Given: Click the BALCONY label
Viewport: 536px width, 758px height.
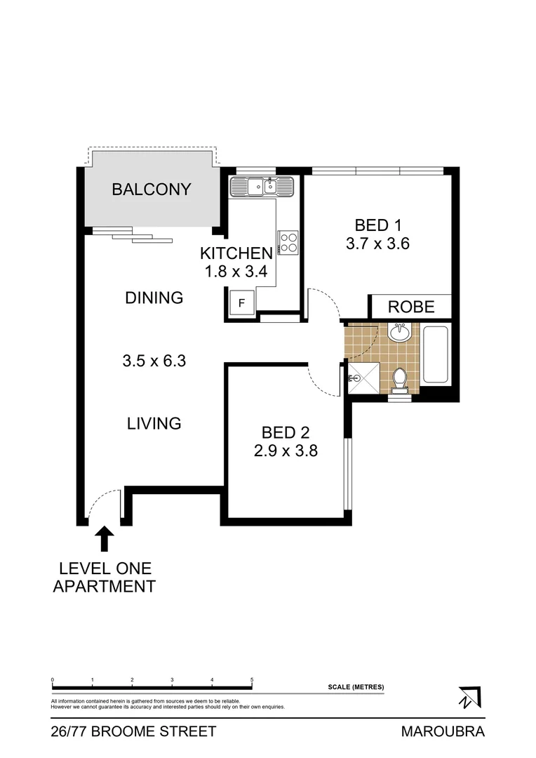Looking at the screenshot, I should click(152, 189).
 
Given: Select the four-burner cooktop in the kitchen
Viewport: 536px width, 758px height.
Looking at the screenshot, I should click(288, 241).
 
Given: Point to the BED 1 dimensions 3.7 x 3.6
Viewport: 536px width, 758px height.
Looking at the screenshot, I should click(377, 245).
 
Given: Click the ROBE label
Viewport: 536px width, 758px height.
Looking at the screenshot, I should click(411, 307).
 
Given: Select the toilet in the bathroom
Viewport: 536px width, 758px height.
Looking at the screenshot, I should click(400, 379).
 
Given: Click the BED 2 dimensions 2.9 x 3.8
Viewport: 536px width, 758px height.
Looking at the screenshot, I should click(286, 451).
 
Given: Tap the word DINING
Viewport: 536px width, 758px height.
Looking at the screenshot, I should click(154, 298).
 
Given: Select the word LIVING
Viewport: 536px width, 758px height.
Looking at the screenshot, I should click(154, 423).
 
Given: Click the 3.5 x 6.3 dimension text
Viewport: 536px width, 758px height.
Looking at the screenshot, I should click(154, 361).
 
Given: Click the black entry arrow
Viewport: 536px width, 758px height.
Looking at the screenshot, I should click(105, 539).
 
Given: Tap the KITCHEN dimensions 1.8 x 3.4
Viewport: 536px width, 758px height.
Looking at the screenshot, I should click(236, 271).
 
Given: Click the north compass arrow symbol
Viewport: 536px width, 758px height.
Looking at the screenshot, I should click(468, 696).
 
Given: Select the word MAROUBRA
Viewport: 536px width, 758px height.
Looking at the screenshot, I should click(443, 731).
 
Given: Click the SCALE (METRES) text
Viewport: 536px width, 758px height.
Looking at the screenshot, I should click(356, 686).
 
